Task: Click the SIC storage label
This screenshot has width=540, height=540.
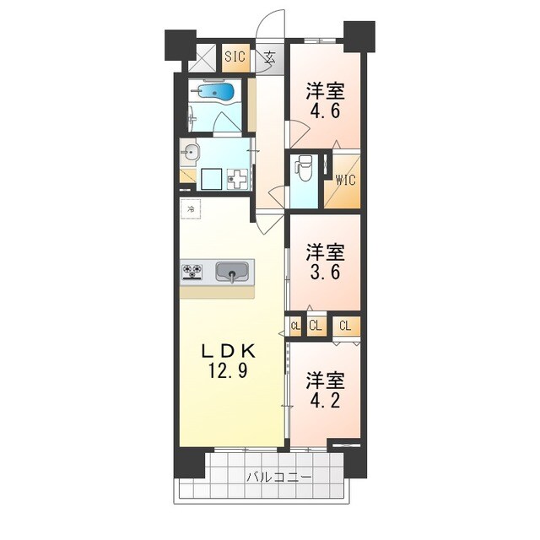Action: [234, 57]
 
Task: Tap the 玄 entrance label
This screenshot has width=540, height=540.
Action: [269, 57]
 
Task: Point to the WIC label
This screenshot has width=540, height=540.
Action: [344, 180]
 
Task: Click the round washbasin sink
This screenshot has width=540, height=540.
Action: [191, 154]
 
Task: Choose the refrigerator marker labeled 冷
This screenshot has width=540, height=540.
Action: [191, 208]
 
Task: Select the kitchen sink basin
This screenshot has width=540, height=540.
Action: [231, 272]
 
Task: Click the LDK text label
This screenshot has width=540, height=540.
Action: [229, 351]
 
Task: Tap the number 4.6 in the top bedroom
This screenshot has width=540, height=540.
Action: [324, 111]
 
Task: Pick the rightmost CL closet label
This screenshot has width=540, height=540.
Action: [345, 326]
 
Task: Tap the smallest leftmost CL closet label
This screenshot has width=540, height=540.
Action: [295, 326]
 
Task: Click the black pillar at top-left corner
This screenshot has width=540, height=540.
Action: [179, 44]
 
